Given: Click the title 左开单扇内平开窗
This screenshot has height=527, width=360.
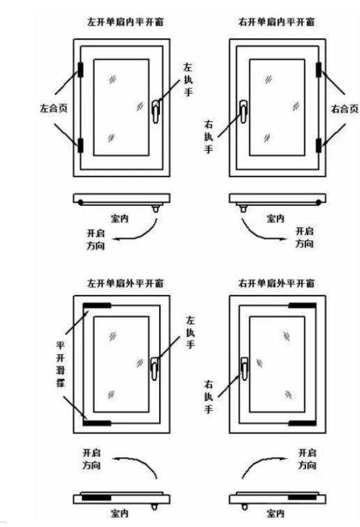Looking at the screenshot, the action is click(125, 22).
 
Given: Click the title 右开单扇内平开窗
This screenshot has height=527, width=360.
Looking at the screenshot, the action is click(276, 22).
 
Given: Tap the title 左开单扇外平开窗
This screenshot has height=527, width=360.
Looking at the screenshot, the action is click(125, 283).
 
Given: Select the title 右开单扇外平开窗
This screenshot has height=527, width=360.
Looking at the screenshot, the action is click(276, 283).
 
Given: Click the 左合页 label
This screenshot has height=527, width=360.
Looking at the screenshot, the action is click(54, 109).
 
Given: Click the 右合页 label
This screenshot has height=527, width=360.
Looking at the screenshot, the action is click(344, 109).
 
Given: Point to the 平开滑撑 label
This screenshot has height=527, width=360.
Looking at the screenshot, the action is click(60, 364).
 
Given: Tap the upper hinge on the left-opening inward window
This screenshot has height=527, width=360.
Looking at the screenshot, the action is click(81, 70).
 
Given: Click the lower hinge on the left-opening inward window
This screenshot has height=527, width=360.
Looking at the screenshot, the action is click(81, 145).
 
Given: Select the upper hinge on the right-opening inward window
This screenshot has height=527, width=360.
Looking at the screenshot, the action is click(318, 70).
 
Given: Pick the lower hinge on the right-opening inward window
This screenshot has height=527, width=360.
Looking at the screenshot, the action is click(318, 145).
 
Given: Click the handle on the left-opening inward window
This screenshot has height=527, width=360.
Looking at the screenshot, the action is click(155, 112).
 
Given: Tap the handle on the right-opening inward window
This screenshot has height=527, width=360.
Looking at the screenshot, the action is click(244, 112).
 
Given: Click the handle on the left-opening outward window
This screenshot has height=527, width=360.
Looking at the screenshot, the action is click(155, 368).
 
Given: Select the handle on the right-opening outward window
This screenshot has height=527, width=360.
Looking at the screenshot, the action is click(244, 368).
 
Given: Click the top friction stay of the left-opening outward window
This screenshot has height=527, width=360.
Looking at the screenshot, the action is click(97, 305).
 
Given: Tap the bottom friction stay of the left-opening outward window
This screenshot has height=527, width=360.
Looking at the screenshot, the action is click(97, 423).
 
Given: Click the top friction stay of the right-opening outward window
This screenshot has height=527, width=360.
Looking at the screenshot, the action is click(303, 305).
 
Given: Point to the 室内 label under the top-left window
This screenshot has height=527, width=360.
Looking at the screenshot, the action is click(120, 219).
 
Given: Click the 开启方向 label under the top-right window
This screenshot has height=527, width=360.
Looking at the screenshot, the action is click(305, 237).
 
